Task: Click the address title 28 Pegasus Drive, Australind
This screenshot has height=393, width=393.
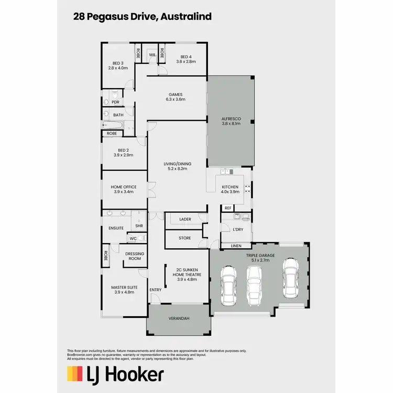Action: [143, 17]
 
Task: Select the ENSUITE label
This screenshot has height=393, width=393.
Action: [116, 228]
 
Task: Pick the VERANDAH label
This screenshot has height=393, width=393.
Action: [179, 319]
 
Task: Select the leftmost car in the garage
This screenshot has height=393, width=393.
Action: [228, 282]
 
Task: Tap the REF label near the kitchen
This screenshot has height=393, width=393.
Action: [228, 208]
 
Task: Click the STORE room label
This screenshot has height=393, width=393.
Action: [185, 238]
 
